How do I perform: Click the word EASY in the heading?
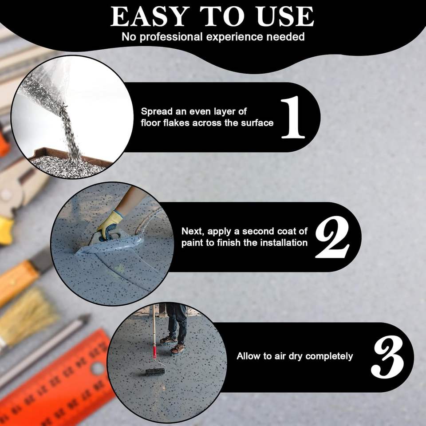coord(150,16)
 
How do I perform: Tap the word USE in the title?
coord(285,16)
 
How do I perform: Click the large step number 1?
coord(293,117)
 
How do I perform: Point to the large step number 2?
coord(332,237)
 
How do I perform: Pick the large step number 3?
coord(388,357)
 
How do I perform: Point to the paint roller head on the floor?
coord(155,372)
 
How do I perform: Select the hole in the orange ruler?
coord(98,368)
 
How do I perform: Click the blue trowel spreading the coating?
coord(111,243)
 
